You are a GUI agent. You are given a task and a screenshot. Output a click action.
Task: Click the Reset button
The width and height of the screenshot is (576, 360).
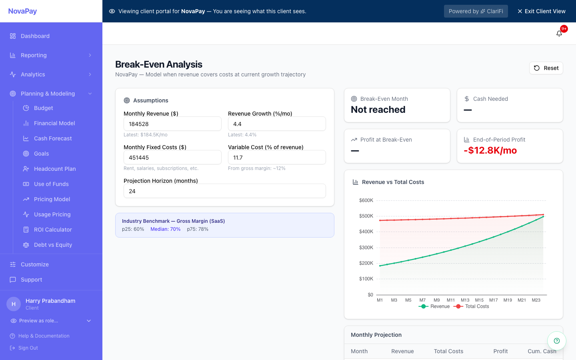tap(546, 68)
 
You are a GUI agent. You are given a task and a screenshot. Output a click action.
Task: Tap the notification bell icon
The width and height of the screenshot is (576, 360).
tap(559, 34)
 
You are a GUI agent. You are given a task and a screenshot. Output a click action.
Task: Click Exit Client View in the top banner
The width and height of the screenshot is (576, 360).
tap(541, 11)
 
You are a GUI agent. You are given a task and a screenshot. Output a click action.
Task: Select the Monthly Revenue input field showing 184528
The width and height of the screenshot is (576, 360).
tap(172, 124)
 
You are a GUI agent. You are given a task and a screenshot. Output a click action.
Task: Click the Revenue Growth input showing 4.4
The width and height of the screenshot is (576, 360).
tap(277, 124)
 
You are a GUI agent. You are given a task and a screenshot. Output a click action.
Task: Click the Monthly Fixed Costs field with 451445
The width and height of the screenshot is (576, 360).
tap(172, 158)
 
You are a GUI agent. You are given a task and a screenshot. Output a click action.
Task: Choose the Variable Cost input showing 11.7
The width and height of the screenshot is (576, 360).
tap(277, 158)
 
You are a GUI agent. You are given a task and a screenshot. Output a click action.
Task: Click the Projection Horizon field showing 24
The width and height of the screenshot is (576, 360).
tap(224, 191)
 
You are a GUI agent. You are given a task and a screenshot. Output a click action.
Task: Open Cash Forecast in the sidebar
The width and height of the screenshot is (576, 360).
tap(53, 138)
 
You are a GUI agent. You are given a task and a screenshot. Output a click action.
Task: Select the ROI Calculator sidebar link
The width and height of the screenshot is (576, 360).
tap(53, 230)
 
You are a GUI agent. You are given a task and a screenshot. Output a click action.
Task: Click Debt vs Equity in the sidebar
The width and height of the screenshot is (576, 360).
tap(53, 245)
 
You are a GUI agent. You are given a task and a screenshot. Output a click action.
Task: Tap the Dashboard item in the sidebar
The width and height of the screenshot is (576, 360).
tap(35, 36)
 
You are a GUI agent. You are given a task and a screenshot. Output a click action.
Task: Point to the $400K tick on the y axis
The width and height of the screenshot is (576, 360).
tap(366, 232)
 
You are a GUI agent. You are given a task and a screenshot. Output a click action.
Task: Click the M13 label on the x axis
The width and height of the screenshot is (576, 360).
tap(465, 300)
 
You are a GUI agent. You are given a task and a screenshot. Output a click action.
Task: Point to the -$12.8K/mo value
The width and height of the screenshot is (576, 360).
tap(490, 150)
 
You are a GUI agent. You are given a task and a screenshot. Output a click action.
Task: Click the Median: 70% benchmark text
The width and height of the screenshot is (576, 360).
tap(165, 229)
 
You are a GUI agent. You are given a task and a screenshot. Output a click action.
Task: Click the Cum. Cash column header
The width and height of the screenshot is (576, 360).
tap(542, 351)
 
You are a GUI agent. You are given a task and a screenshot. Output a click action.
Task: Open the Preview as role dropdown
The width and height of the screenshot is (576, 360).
tap(51, 321)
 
